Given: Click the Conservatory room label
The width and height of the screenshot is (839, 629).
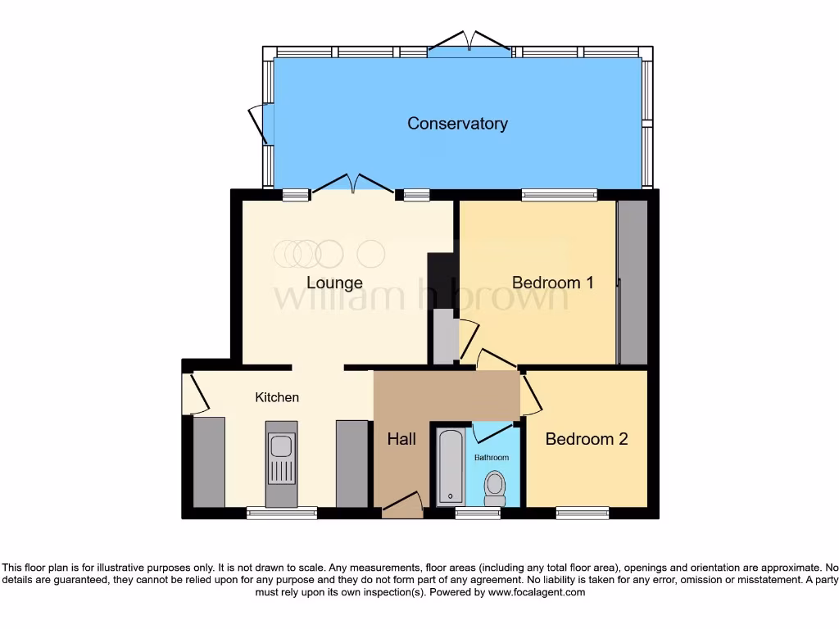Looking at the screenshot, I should (457, 124).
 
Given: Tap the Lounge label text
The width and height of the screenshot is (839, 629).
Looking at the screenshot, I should (334, 283).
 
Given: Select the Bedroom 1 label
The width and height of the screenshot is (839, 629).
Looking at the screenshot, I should (552, 283).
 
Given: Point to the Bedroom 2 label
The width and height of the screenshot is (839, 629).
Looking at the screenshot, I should (586, 439).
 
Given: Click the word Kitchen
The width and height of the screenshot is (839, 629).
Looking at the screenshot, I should (277, 397).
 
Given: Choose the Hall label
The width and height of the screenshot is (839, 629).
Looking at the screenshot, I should (401, 439).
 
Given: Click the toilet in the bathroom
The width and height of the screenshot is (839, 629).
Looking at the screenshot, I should (495, 488).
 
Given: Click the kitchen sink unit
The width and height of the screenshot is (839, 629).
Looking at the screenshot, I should (281, 462).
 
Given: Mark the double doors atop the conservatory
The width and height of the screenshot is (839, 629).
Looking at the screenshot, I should (470, 45).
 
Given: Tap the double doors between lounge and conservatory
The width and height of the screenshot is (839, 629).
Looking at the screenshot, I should (353, 185).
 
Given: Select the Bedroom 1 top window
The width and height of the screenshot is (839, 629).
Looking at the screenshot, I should (560, 195).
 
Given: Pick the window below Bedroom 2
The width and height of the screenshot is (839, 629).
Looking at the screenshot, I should (583, 514).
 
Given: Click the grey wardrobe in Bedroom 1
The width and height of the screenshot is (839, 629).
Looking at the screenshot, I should (632, 282).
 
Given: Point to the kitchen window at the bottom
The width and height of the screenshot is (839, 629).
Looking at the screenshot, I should (282, 514).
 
